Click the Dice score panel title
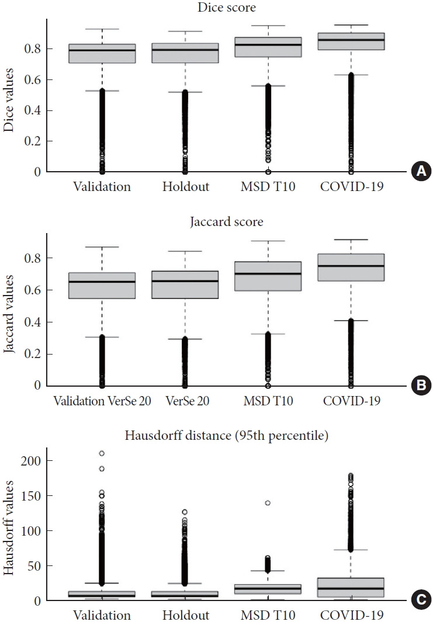click(227, 7)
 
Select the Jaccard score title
click(227, 221)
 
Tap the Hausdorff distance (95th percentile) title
click(227, 435)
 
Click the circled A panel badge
click(421, 171)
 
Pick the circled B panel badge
click(421, 386)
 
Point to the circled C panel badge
click(421, 599)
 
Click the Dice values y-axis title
click(8, 100)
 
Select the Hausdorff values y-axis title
click(8, 527)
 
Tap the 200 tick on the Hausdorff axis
click(31, 461)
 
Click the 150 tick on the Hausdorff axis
click(31, 496)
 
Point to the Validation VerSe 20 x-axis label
click(102, 401)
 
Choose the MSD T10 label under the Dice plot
click(268, 186)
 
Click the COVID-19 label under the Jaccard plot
click(352, 401)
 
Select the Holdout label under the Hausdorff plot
click(186, 615)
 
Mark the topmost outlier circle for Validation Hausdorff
click(102, 453)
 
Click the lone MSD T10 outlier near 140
click(268, 503)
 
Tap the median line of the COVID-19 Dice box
click(351, 40)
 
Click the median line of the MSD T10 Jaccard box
click(268, 273)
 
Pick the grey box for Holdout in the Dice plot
click(185, 53)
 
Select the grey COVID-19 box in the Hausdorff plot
click(351, 587)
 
